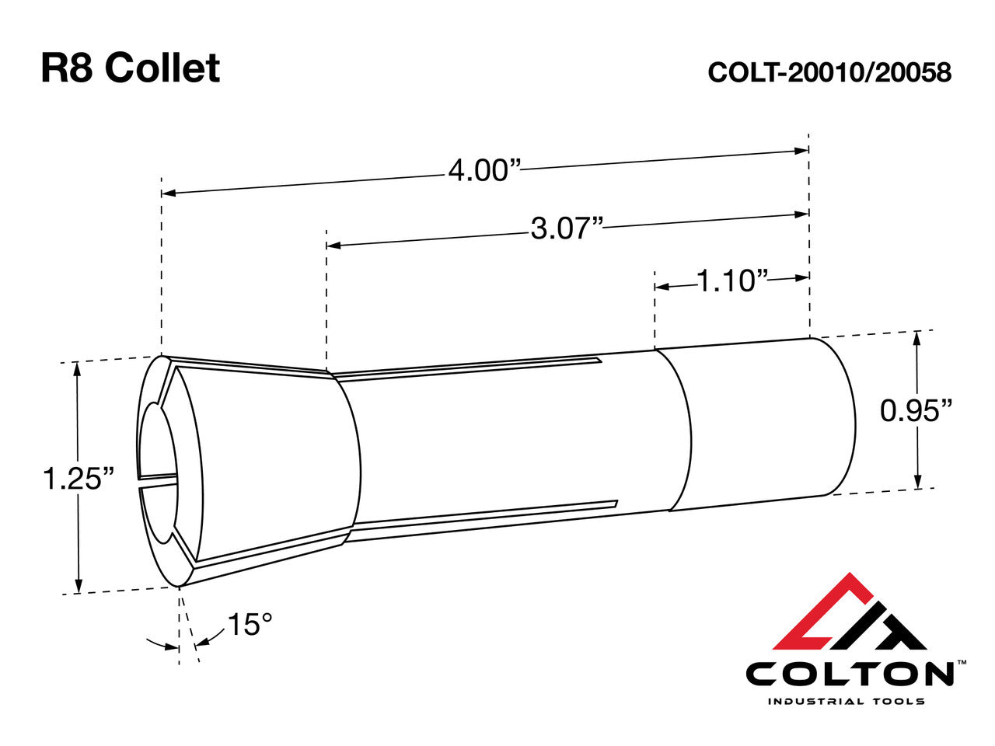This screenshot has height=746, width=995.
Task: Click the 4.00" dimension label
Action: (x=483, y=169)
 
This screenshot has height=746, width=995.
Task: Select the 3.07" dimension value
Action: (x=567, y=228)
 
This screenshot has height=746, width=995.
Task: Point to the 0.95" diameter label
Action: (x=916, y=410)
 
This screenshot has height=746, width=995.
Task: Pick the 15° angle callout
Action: (x=250, y=624)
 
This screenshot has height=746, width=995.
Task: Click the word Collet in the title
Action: (x=162, y=68)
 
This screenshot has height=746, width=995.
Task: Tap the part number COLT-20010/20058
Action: (x=829, y=72)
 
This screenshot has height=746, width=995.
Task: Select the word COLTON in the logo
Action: (x=850, y=673)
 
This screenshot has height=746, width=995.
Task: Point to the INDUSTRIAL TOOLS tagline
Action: (x=847, y=701)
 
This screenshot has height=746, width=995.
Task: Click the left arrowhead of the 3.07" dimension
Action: (x=333, y=245)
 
